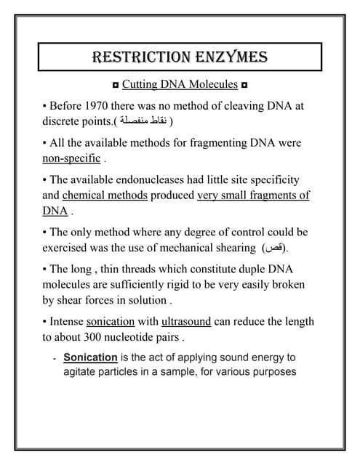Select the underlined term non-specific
[x=71, y=158]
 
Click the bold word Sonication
[x=90, y=357]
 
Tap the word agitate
[x=81, y=372]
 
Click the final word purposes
[x=272, y=372]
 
